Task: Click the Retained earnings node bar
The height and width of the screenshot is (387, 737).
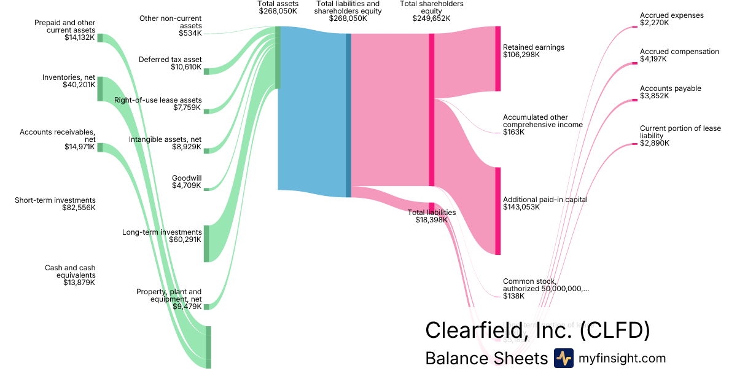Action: [x=497, y=59]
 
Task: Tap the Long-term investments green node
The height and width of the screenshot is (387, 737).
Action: [x=206, y=244]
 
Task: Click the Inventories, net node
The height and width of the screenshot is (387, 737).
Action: [x=100, y=89]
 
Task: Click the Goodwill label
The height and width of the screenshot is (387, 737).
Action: [x=187, y=178]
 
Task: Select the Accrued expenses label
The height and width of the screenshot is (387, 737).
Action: [x=671, y=15]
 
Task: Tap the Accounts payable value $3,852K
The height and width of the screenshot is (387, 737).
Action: [x=654, y=96]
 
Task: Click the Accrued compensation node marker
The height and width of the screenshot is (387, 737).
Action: [x=634, y=63]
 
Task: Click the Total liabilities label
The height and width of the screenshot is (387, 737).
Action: [x=432, y=213]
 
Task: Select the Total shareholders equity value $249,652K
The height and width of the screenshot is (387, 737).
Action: [x=431, y=18]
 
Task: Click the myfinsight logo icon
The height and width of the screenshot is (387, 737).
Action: [x=563, y=358]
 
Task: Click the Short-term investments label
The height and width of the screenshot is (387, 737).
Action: [x=55, y=200]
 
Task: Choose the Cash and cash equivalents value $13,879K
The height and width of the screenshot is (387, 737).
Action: [x=79, y=283]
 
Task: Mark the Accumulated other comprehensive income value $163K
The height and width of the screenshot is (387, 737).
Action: [x=513, y=132]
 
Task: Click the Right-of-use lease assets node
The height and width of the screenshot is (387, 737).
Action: [x=206, y=111]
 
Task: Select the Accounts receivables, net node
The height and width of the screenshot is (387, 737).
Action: [x=100, y=147]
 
